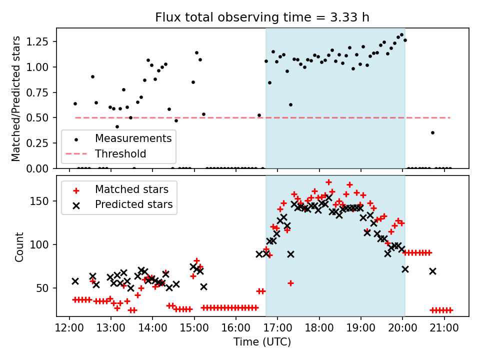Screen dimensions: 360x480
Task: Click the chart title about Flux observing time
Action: click(x=262, y=18)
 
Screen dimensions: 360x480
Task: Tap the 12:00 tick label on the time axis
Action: click(x=69, y=328)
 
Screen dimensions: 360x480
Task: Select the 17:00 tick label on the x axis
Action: click(x=277, y=328)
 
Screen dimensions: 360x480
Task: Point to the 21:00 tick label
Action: click(x=444, y=328)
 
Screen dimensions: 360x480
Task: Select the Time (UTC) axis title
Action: click(x=262, y=342)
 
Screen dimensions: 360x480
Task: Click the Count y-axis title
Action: click(x=19, y=247)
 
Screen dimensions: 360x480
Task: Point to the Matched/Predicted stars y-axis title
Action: click(x=16, y=98)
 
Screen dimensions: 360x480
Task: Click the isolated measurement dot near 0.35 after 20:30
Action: click(x=432, y=132)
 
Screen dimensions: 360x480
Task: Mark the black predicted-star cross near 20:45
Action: click(x=432, y=271)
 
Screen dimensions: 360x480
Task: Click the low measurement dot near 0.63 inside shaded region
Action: click(x=290, y=104)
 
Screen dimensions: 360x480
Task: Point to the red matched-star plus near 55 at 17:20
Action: click(x=290, y=283)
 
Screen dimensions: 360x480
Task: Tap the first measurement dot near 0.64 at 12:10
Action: click(x=75, y=103)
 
